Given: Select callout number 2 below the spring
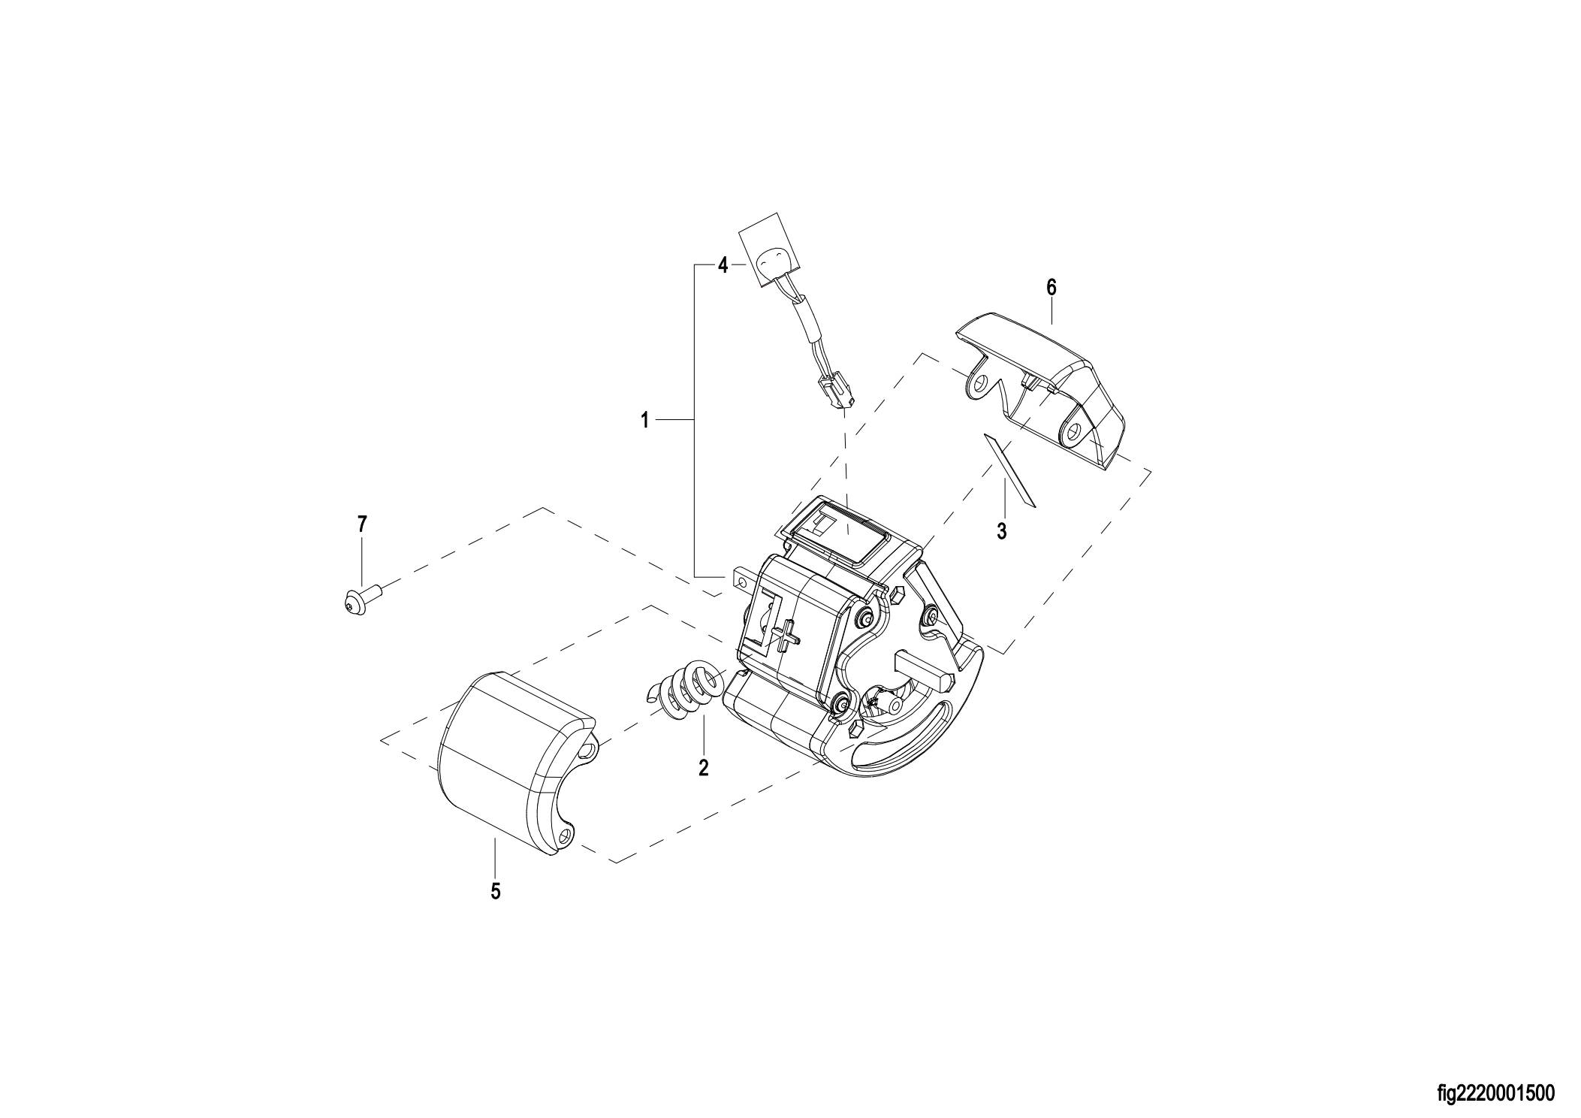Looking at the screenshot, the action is coord(703,768).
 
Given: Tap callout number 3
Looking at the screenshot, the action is coord(1001,531).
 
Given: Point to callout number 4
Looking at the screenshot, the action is coord(723,265).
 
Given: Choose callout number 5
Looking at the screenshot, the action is coord(495,892).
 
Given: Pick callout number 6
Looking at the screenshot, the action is coord(1051,286).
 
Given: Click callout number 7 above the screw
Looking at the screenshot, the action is coord(362,524).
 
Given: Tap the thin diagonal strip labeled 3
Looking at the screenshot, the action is coord(1009,470).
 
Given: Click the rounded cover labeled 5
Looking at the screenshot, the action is coord(517,763).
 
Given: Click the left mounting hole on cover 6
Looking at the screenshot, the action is coord(979,385).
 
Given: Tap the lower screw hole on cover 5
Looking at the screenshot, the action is coord(566,834).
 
